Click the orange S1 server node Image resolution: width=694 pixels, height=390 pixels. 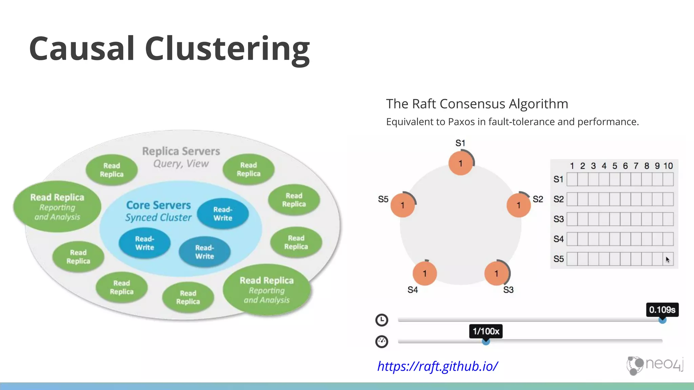(x=461, y=164)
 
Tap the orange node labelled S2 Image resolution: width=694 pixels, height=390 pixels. (x=518, y=205)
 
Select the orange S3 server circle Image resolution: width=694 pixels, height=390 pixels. (x=496, y=274)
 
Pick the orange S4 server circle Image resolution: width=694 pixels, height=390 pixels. (x=425, y=274)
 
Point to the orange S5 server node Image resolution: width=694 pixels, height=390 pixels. (x=403, y=205)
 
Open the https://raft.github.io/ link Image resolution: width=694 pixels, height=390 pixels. (x=437, y=366)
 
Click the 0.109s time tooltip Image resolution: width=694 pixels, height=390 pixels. (x=662, y=310)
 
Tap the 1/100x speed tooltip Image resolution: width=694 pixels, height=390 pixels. (x=486, y=331)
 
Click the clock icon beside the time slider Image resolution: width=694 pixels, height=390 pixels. (x=382, y=320)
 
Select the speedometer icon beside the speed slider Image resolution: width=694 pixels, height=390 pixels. (x=382, y=342)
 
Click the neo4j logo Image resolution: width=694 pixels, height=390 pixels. (x=655, y=365)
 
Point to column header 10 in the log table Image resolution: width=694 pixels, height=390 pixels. (x=668, y=166)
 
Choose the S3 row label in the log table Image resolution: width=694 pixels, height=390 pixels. (x=558, y=219)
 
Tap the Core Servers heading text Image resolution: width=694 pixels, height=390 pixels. (x=159, y=205)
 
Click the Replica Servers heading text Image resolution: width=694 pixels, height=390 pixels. (x=181, y=151)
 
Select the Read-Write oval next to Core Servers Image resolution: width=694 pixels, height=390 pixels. (x=223, y=214)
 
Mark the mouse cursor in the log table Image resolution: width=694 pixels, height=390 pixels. (x=667, y=260)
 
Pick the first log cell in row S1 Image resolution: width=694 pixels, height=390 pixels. (x=572, y=179)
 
